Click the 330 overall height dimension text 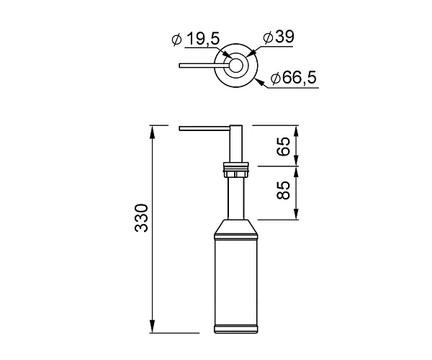(x=141, y=218)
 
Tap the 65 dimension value (x=284, y=146)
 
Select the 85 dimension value (x=284, y=191)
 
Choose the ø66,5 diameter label (x=294, y=77)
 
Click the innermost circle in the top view (x=235, y=66)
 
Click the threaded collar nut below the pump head (x=235, y=172)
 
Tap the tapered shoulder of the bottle (x=235, y=229)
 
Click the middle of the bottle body (x=235, y=281)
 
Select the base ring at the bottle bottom (x=235, y=330)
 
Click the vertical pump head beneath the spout (x=235, y=148)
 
